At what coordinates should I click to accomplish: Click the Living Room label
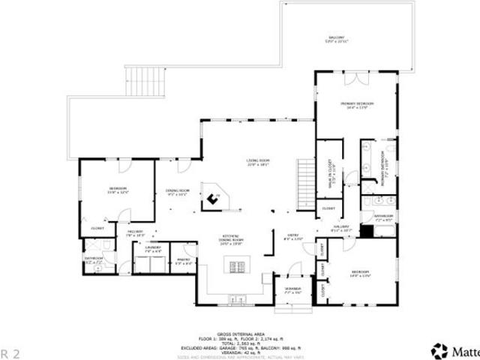click(x=258, y=162)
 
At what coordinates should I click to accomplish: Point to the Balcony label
click(x=337, y=40)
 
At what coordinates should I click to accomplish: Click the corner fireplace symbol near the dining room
click(x=214, y=199)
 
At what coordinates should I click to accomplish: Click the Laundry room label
click(x=153, y=248)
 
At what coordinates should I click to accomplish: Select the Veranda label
click(x=292, y=290)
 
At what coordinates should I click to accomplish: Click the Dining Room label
click(x=177, y=193)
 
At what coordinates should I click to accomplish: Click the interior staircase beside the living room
click(x=306, y=184)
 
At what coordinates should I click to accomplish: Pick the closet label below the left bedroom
click(x=97, y=228)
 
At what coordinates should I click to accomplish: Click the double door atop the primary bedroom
click(x=354, y=78)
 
